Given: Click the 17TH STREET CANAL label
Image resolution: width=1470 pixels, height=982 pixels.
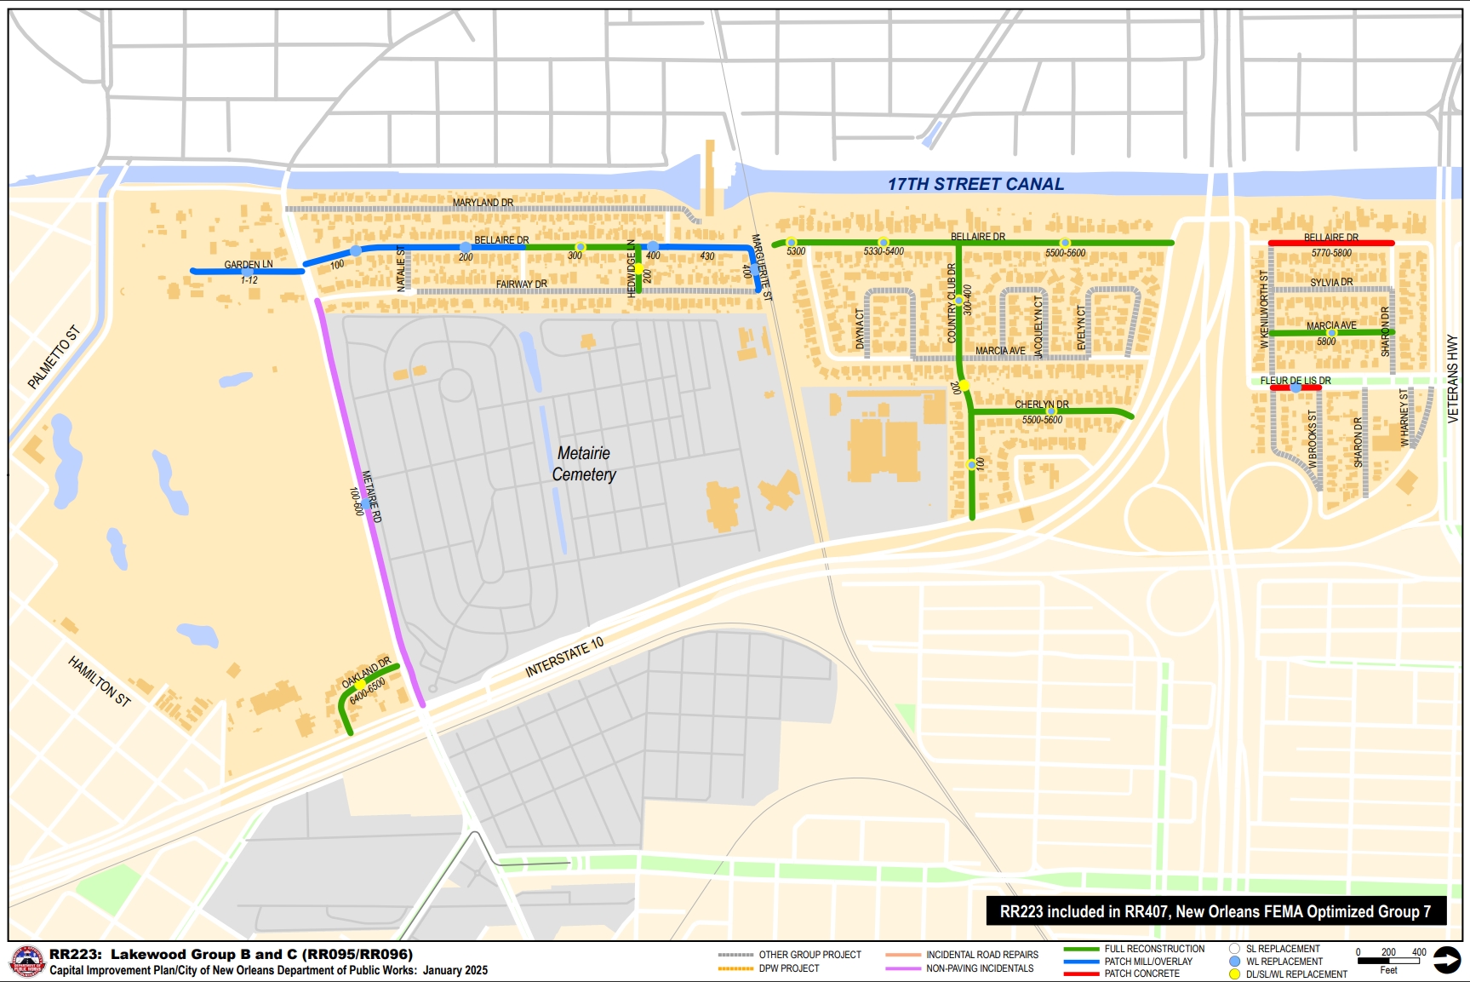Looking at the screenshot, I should pos(975,184).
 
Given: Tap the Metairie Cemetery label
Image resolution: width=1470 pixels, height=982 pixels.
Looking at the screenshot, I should pos(583,464).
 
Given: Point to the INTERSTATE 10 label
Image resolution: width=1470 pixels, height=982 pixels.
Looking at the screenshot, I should pos(564,657).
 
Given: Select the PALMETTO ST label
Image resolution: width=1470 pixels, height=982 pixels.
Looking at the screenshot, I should pos(53,357).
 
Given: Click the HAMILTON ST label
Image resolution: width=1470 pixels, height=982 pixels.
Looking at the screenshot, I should pos(100,681).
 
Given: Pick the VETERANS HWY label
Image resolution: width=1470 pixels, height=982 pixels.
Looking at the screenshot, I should pos(1452,379).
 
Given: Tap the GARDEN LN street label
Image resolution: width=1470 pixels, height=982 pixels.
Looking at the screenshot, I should pos(249,264).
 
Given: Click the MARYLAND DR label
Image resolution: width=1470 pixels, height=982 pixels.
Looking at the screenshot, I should pos(483,203).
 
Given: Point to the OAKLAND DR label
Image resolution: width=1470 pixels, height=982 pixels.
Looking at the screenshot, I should pos(366,672).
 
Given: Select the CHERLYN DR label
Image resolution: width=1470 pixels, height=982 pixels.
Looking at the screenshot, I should pos(1042,405).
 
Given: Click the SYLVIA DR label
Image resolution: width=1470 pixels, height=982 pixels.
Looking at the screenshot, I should pos(1331,282).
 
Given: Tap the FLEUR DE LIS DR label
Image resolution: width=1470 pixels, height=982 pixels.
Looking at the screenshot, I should pos(1296,381).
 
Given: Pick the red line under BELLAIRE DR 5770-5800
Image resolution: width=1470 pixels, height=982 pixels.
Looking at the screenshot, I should pos(1331,244).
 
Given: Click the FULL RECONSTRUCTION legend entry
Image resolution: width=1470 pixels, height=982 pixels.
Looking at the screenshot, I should pos(1154,949).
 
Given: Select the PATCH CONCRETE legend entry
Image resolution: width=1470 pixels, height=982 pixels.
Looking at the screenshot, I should pos(1141,973).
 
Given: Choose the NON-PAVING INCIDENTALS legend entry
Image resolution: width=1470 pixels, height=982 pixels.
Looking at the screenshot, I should pos(979,968).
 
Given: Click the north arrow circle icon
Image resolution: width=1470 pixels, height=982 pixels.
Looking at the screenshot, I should pos(1446,960).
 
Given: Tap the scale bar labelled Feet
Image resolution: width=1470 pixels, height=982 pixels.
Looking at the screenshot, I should pos(1388,961).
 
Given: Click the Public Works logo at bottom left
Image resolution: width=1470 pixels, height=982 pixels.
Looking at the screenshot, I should pos(26,962).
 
